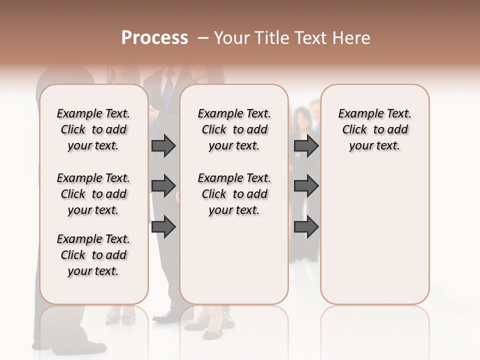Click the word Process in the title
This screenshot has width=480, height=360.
[154, 38]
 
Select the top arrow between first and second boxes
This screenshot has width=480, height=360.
[163, 146]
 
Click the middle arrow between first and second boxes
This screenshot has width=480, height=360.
[163, 186]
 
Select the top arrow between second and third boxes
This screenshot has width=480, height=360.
[306, 146]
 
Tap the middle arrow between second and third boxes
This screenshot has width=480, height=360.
[306, 186]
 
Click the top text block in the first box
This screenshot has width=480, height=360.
[93, 129]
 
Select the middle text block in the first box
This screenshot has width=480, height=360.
[93, 194]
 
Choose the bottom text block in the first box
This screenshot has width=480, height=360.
[93, 255]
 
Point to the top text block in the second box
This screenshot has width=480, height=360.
[234, 129]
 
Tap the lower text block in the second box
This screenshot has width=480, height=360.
[234, 194]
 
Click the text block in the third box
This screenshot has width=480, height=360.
[375, 129]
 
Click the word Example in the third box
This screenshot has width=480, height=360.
[357, 114]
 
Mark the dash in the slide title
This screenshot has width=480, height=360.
[203, 38]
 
